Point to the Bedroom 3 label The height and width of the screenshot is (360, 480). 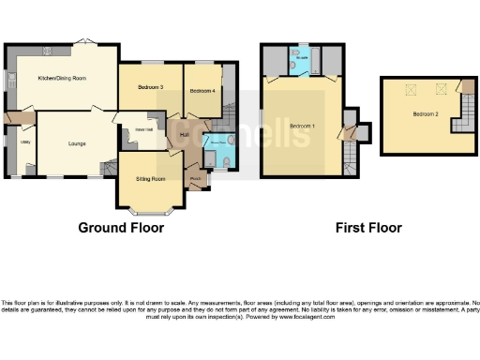tap(150, 87)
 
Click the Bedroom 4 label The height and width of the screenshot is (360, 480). tap(202, 91)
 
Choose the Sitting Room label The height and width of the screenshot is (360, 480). tap(151, 178)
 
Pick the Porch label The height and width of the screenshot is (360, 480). tap(196, 178)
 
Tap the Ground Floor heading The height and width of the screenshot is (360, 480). tap(121, 228)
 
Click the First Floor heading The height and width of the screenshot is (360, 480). tap(368, 228)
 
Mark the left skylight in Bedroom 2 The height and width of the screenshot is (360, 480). tap(408, 89)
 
